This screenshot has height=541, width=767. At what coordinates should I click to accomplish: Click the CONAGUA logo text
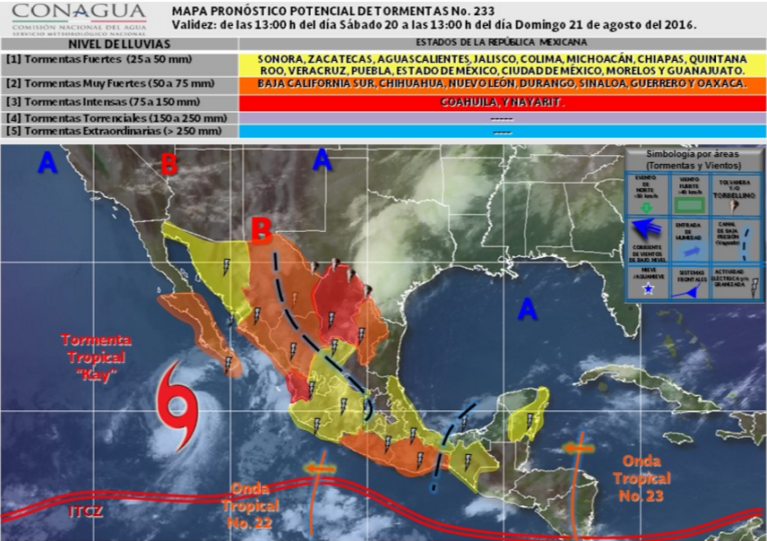tap(79, 12)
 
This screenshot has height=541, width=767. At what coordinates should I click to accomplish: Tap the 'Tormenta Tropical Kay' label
tap(96, 356)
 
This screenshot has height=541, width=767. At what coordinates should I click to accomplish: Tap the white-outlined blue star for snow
tap(647, 289)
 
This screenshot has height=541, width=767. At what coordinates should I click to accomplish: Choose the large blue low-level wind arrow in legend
tap(648, 246)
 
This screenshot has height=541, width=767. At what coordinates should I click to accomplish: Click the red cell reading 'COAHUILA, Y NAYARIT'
tap(502, 102)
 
